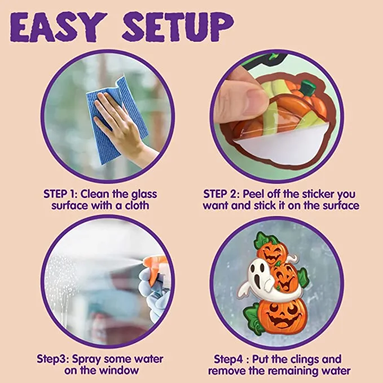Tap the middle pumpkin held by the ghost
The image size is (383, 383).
(286, 278)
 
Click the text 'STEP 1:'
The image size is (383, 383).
(61, 193)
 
